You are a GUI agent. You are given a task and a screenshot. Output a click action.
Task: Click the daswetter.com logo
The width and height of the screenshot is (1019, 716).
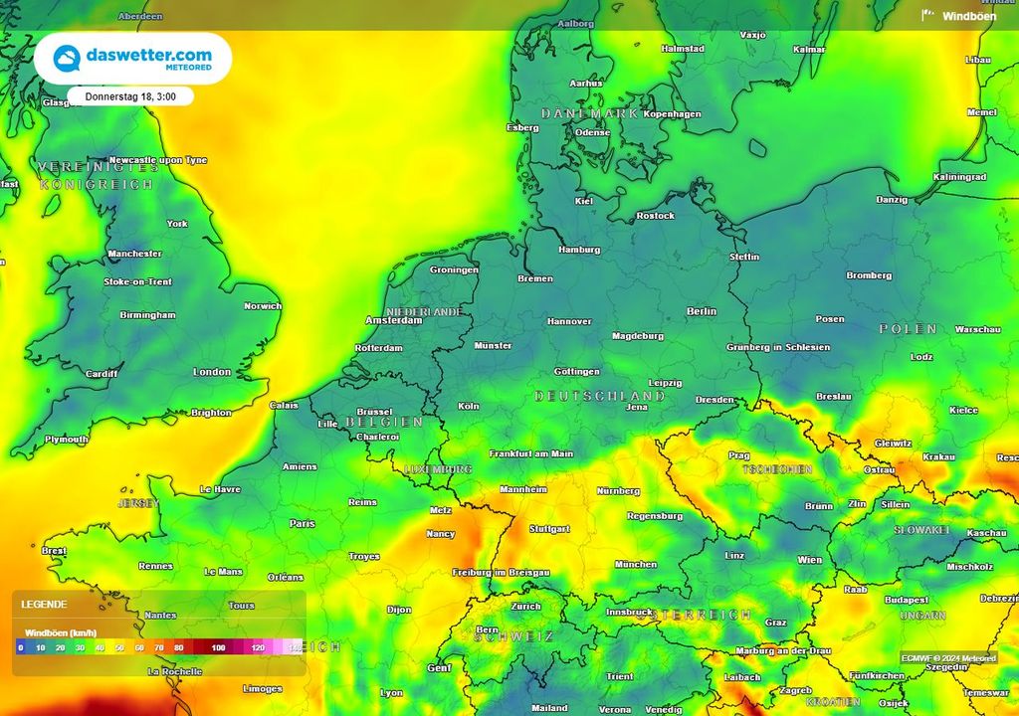click(x=132, y=59)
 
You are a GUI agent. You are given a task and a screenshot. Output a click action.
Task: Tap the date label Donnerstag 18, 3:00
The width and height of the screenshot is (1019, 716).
click(x=130, y=96)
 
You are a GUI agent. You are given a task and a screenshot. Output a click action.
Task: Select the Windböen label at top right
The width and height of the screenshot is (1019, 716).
click(x=968, y=16)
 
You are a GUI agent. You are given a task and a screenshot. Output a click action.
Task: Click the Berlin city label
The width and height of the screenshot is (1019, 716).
click(x=702, y=311)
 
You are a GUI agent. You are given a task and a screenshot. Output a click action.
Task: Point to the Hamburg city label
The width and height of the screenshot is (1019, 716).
click(x=579, y=250)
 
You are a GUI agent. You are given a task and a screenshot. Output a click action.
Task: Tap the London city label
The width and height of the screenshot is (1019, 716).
click(x=212, y=372)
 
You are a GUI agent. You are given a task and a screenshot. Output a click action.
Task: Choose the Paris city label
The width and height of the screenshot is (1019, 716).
click(x=302, y=523)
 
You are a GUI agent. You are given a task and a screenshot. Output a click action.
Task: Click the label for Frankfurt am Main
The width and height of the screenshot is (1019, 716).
click(x=531, y=453)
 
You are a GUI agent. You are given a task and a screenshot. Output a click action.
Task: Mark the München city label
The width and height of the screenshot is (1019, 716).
click(x=635, y=565)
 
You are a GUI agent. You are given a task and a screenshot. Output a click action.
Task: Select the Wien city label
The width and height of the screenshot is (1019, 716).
click(x=809, y=560)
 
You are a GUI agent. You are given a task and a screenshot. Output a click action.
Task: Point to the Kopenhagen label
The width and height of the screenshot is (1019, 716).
click(x=672, y=114)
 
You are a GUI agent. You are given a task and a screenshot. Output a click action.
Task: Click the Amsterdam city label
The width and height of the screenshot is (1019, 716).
click(x=393, y=320)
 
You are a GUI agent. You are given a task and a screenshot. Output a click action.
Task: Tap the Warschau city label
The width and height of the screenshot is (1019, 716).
click(x=977, y=329)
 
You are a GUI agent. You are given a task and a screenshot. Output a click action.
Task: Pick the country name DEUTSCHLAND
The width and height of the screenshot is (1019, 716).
click(x=600, y=396)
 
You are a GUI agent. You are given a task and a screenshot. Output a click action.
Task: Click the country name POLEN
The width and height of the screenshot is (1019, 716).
click(x=908, y=328)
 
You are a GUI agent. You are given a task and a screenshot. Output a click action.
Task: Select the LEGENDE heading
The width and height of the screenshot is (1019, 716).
click(x=44, y=604)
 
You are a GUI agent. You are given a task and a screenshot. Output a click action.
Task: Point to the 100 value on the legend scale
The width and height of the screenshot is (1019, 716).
click(x=217, y=647)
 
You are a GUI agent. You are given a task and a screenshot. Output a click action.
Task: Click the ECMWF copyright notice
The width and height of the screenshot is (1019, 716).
click(x=948, y=658)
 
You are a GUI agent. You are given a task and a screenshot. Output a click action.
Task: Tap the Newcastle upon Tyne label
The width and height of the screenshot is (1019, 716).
click(x=157, y=160)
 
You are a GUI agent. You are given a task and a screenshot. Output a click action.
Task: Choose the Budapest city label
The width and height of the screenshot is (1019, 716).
click(x=906, y=600)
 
